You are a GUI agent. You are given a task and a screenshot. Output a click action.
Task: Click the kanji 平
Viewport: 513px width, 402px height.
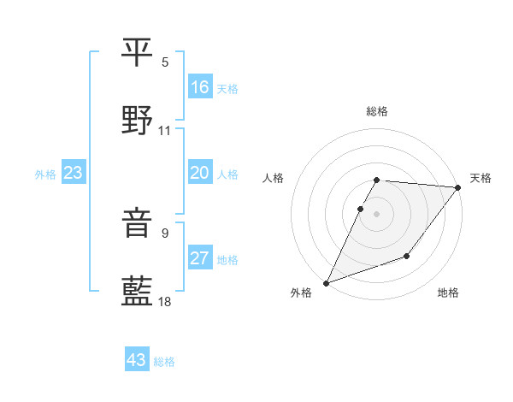pos(138,52)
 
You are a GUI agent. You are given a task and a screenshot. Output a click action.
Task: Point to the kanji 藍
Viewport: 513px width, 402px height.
pos(138,291)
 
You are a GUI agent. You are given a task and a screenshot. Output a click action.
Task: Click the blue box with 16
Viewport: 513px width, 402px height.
pos(200,87)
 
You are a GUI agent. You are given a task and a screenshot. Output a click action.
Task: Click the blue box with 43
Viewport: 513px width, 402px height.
pos(137,360)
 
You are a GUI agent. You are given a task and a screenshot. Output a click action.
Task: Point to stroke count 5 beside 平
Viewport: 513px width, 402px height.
pos(165,62)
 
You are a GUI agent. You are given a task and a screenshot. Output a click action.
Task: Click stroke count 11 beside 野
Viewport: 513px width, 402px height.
pos(165,131)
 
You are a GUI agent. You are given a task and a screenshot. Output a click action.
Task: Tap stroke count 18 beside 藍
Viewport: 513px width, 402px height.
pos(165,301)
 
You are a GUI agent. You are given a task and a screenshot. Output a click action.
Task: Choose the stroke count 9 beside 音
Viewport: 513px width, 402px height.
pos(165,233)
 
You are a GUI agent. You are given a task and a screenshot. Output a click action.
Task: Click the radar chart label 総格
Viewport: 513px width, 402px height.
pos(377,111)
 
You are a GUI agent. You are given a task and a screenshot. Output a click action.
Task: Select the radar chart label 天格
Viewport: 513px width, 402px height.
pos(481,178)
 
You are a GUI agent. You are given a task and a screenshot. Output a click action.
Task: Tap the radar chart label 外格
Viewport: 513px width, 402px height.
pos(301,293)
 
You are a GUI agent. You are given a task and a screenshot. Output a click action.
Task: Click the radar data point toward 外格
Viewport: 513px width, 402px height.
pos(327,282)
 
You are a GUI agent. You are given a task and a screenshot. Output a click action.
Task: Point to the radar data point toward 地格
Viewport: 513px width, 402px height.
pos(407,256)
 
